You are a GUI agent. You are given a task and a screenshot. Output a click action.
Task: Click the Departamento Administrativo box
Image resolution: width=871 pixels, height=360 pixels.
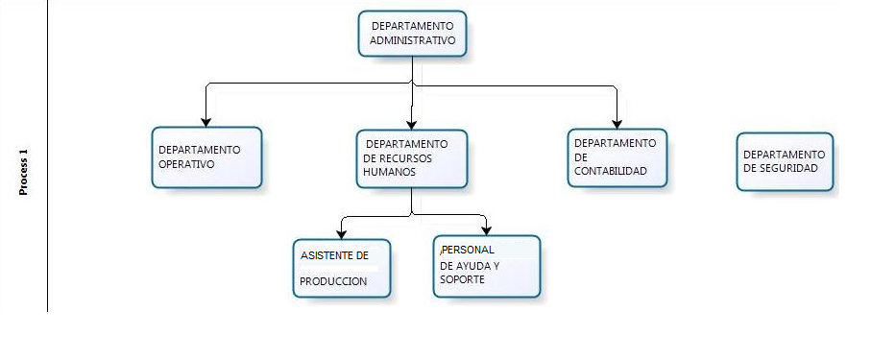(x=413, y=34)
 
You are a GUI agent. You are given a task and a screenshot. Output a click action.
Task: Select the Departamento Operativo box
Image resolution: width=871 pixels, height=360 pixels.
(x=206, y=156)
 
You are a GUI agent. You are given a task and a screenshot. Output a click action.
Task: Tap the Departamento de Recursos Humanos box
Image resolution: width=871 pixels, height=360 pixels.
(x=411, y=158)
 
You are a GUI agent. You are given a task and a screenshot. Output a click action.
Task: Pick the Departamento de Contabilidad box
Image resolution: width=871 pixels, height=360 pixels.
(x=617, y=156)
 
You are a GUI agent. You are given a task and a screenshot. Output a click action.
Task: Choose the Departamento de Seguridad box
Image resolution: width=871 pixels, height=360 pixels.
(x=785, y=160)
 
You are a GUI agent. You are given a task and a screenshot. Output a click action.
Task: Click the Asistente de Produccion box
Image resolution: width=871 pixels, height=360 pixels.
(x=342, y=268)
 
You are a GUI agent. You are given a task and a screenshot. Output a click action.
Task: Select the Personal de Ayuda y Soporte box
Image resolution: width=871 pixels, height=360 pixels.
(x=486, y=265)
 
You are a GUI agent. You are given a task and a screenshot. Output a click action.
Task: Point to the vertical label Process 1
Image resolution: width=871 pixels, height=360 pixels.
(x=24, y=173)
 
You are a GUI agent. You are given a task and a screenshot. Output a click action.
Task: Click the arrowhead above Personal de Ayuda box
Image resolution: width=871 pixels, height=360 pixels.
(x=487, y=229)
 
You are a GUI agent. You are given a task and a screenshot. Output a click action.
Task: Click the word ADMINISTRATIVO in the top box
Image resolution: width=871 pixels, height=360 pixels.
(x=412, y=41)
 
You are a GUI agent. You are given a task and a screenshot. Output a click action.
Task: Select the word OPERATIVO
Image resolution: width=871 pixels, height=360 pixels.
(x=186, y=163)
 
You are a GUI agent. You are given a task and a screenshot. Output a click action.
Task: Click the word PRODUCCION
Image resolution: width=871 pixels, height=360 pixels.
(x=333, y=281)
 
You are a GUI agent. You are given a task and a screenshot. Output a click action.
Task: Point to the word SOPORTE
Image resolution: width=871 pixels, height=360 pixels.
(x=462, y=279)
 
